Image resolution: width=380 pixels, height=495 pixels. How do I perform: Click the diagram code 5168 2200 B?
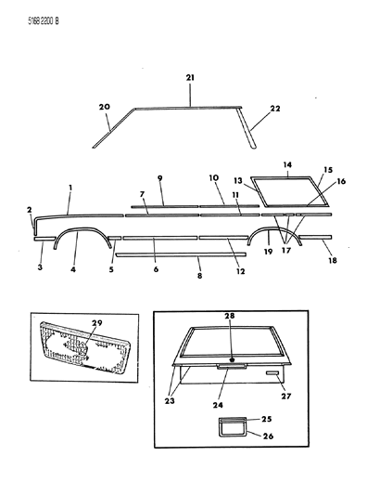(x=30, y=14)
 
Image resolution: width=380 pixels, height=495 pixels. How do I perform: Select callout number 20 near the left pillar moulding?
(x=105, y=107)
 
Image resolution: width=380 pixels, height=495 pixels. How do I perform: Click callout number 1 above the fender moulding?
(x=70, y=187)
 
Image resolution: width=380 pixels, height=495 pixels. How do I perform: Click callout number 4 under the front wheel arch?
(x=71, y=271)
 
